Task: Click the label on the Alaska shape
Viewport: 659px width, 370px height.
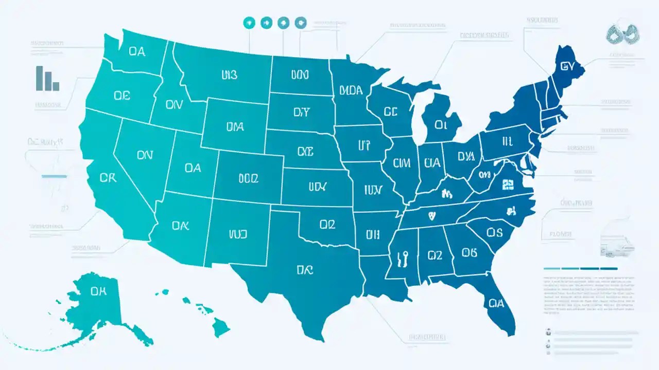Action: pyautogui.click(x=98, y=291)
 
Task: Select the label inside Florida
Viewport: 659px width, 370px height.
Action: pyautogui.click(x=496, y=303)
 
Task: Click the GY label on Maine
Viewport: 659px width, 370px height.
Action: pyautogui.click(x=567, y=66)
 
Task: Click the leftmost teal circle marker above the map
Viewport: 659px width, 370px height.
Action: pyautogui.click(x=249, y=22)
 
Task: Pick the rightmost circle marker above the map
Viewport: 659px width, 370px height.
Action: pyautogui.click(x=300, y=22)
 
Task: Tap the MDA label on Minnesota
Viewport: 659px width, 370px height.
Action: pyautogui.click(x=351, y=90)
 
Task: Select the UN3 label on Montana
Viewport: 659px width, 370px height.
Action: pyautogui.click(x=229, y=75)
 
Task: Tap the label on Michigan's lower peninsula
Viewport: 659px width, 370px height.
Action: pyautogui.click(x=441, y=124)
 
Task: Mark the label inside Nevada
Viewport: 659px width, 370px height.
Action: pyautogui.click(x=145, y=154)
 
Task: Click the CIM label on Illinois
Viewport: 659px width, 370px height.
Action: pyautogui.click(x=401, y=163)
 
